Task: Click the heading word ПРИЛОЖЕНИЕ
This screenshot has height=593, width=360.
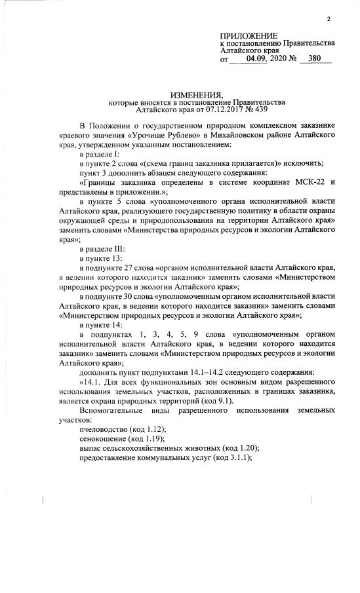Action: click(249, 35)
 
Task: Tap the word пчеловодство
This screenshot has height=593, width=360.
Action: click(104, 429)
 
